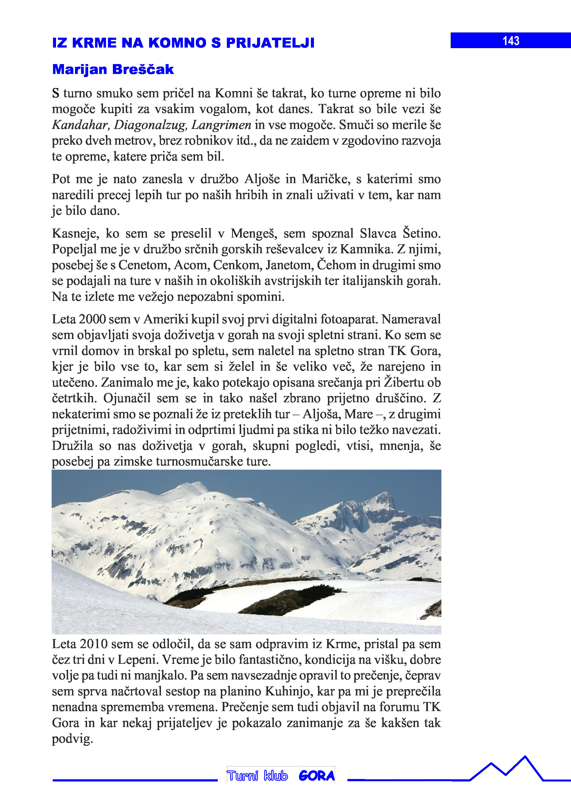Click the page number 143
coord(511,41)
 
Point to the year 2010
coord(94,644)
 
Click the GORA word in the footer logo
coord(317,776)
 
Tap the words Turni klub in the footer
coord(257,776)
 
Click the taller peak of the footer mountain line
coord(525,757)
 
